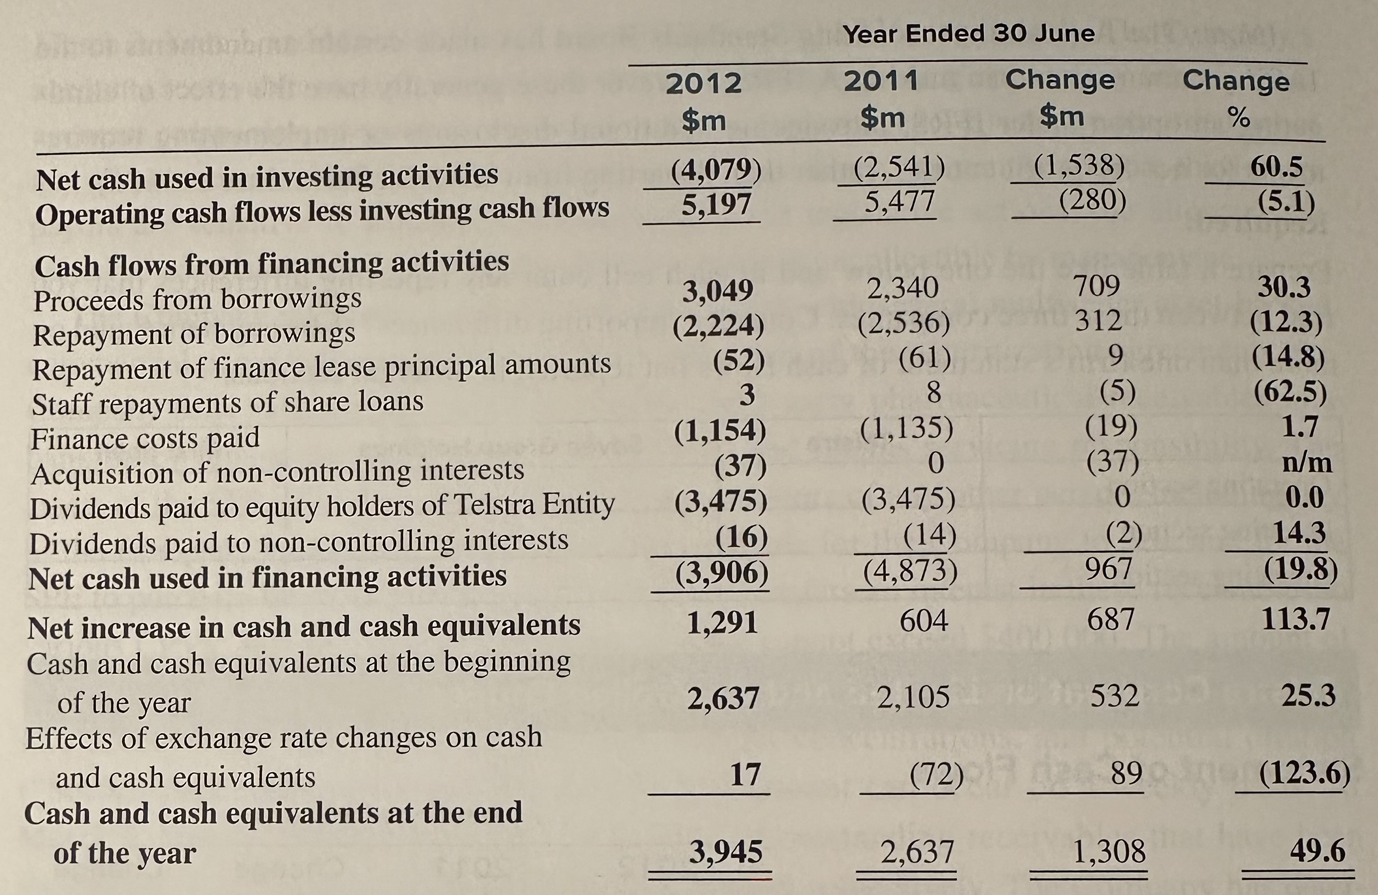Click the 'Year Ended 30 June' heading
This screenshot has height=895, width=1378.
click(x=968, y=34)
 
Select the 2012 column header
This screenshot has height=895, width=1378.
click(x=703, y=83)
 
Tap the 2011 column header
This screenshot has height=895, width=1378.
click(x=881, y=81)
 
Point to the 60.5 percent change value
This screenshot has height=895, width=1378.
click(x=1277, y=168)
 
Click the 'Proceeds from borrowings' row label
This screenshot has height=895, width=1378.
click(x=197, y=300)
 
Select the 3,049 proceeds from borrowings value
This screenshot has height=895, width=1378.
click(x=718, y=290)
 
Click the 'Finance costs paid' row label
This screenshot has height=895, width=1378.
click(x=145, y=438)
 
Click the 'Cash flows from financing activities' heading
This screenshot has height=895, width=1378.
click(x=272, y=263)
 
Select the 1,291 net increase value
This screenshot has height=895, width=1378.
click(x=722, y=623)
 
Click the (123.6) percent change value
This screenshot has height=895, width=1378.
click(x=1305, y=773)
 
